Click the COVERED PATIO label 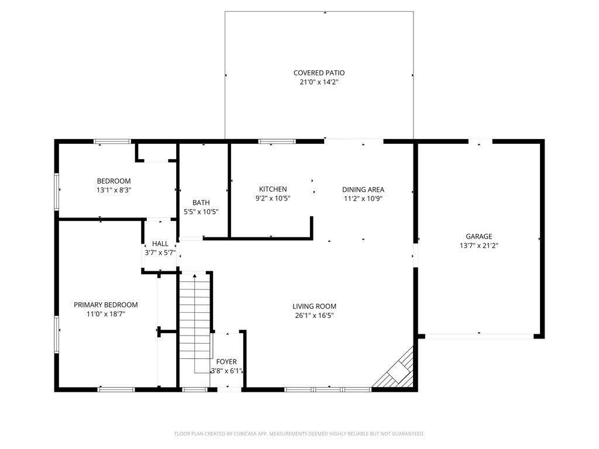click(x=319, y=72)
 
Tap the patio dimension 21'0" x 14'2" click(x=319, y=82)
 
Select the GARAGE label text click(x=478, y=236)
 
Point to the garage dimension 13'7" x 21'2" click(x=478, y=246)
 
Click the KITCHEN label click(x=273, y=189)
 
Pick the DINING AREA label click(x=363, y=189)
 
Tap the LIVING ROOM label click(x=314, y=306)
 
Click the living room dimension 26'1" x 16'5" click(x=314, y=315)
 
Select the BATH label click(x=201, y=202)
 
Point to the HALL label click(x=160, y=244)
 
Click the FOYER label click(x=226, y=361)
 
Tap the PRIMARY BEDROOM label click(x=106, y=305)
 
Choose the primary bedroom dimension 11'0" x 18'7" click(x=106, y=314)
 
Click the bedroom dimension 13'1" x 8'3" click(x=114, y=190)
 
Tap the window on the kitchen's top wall click(x=277, y=141)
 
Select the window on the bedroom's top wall click(x=113, y=141)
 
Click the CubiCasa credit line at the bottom click(x=299, y=434)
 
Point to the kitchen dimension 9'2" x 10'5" click(x=273, y=199)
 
